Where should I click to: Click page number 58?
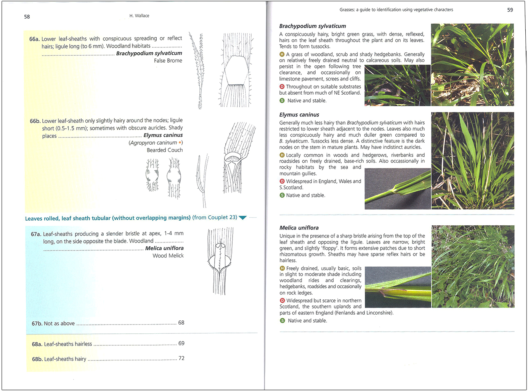27,17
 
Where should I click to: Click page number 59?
510,10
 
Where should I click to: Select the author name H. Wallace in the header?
139,16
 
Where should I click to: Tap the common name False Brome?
168,61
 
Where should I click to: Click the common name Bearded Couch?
165,150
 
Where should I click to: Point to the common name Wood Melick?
168,256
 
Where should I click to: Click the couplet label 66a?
34,39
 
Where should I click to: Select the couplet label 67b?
37,323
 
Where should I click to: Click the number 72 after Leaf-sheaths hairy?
181,358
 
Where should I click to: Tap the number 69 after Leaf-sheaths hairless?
181,343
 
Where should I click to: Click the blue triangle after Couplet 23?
242,218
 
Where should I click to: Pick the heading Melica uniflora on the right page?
299,228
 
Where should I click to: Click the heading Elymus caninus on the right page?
299,115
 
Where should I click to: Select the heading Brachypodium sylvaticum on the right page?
312,26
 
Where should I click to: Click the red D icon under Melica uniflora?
282,301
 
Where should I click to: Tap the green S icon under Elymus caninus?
282,195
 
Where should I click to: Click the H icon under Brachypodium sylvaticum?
282,54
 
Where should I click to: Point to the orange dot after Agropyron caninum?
180,143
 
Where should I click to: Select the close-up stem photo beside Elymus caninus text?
397,189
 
